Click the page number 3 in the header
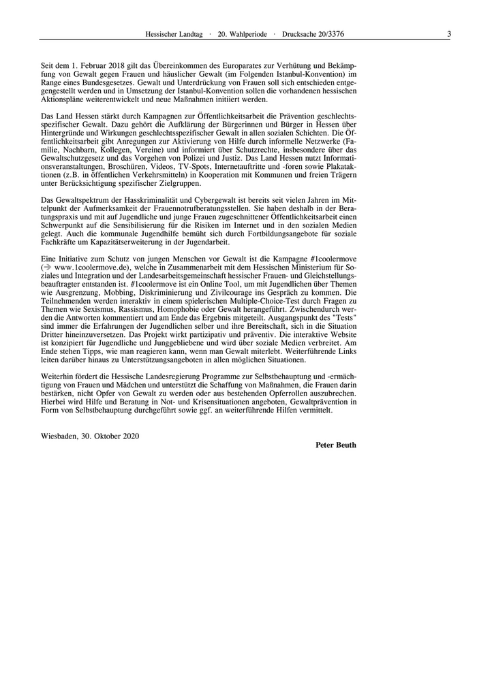click(449, 34)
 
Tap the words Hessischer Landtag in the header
click(174, 34)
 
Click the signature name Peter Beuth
click(336, 445)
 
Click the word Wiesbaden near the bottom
click(59, 436)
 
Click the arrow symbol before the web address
click(48, 269)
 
